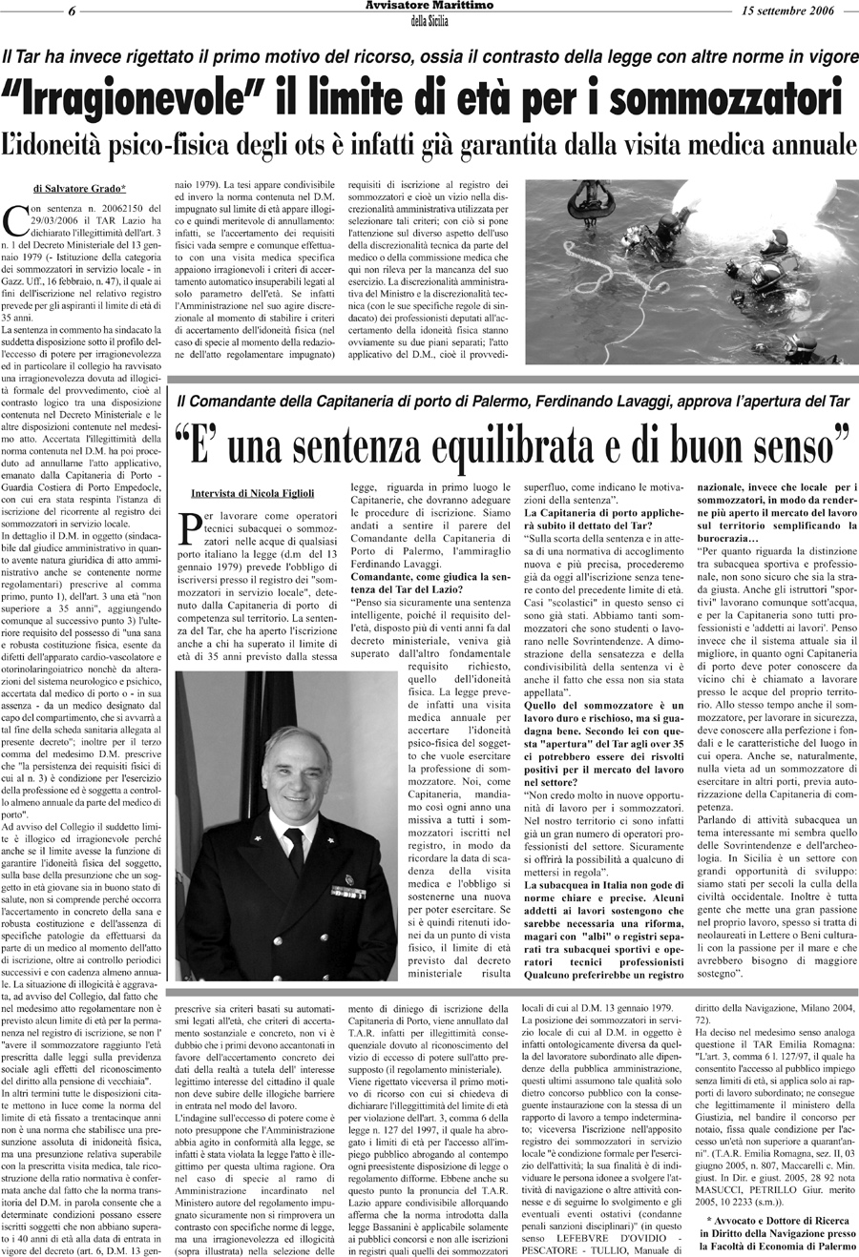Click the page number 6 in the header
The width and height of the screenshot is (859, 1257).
(x=73, y=10)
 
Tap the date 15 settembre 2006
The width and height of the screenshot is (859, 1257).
(x=787, y=10)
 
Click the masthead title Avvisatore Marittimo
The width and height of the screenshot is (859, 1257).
(x=429, y=7)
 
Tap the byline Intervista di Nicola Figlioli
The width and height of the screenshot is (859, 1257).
(x=251, y=493)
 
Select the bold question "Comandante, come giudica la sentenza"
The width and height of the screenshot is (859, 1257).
(x=434, y=584)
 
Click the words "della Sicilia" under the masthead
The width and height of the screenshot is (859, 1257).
(x=429, y=21)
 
